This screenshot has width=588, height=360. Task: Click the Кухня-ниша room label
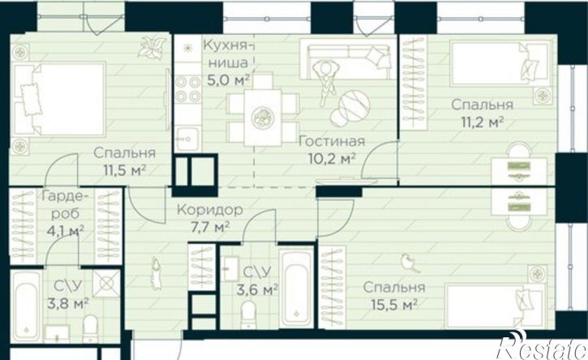[x=226, y=54]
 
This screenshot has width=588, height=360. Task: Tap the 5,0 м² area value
[x=229, y=80]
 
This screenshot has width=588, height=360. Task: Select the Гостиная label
[x=333, y=141]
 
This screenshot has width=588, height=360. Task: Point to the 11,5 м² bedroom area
[x=125, y=170]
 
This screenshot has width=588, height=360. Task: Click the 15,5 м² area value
[x=394, y=305]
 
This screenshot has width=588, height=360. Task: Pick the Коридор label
[x=209, y=210]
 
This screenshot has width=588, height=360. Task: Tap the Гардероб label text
[x=65, y=205]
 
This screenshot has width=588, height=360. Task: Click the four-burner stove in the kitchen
[x=188, y=88]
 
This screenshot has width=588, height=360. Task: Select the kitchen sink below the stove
[x=188, y=139]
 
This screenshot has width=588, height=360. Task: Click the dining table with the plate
[x=263, y=118]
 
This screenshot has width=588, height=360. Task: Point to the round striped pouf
[x=350, y=108]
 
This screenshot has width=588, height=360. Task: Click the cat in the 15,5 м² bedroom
[x=409, y=262]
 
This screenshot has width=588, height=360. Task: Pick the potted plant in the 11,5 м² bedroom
[x=152, y=47]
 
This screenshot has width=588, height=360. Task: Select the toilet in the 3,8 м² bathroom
[x=90, y=328]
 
